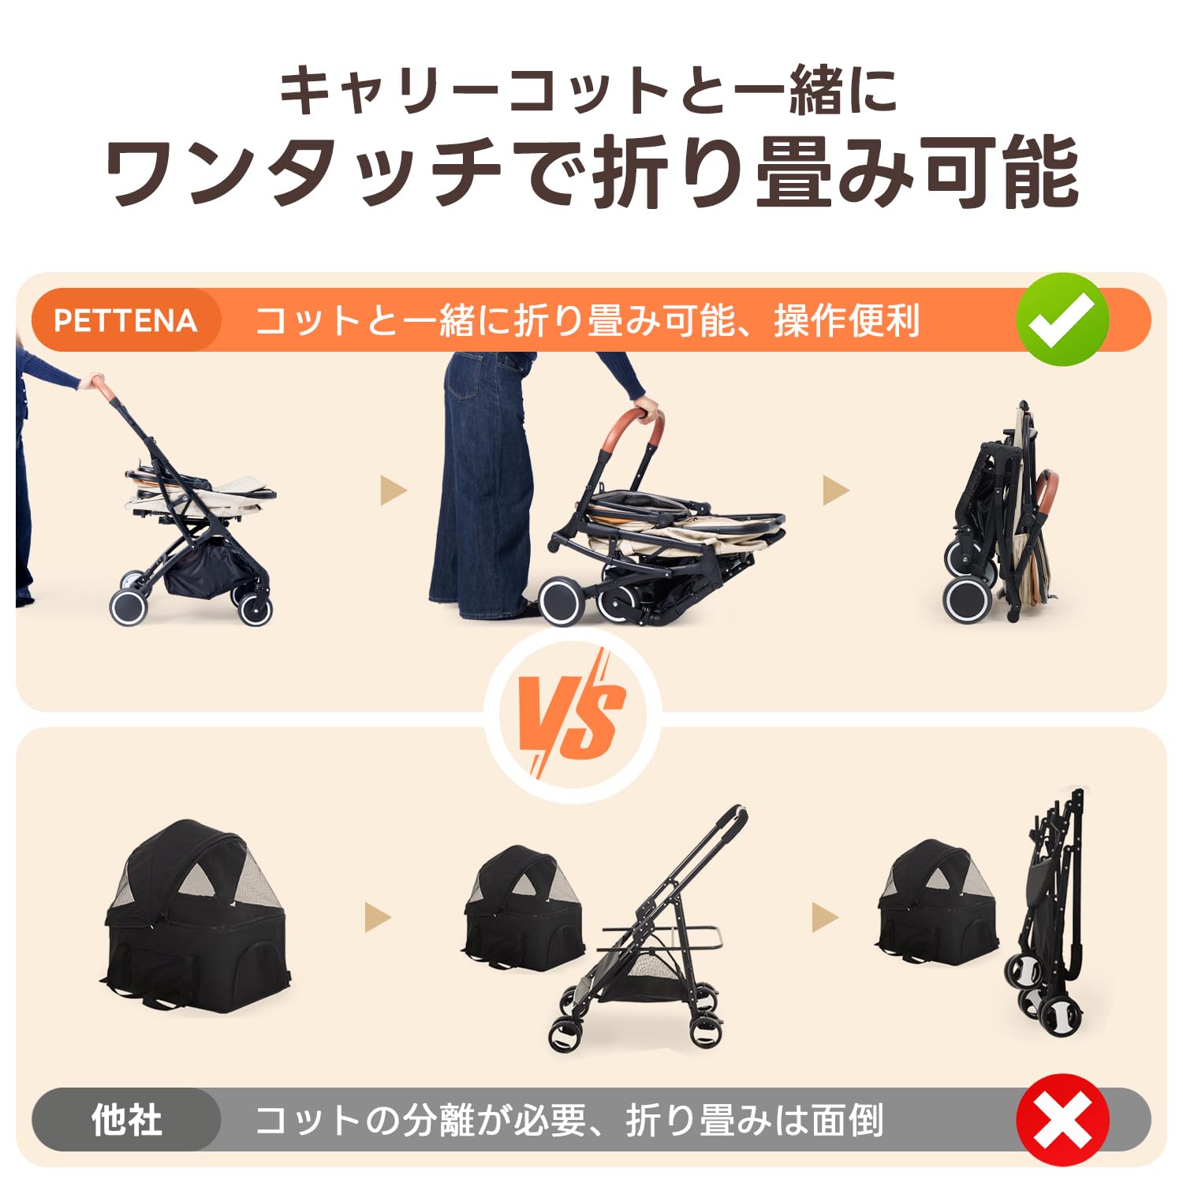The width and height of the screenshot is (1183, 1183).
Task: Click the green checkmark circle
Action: (x=1062, y=319)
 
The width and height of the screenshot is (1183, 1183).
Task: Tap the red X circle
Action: (x=1062, y=1119)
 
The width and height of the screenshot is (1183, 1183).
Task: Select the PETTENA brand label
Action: (x=125, y=320)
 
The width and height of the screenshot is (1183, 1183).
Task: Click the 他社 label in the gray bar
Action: (x=126, y=1119)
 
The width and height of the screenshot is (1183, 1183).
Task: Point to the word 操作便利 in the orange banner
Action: (x=847, y=320)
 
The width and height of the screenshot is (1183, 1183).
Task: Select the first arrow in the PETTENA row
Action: (x=393, y=490)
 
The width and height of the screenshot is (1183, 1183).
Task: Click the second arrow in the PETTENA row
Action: (x=835, y=490)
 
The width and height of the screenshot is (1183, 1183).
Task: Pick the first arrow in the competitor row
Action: (x=378, y=917)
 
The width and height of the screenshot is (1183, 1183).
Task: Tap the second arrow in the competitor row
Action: (x=825, y=917)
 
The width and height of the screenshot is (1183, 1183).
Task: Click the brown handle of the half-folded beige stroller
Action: (x=631, y=430)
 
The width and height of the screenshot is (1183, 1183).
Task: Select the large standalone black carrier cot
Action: (x=197, y=919)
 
